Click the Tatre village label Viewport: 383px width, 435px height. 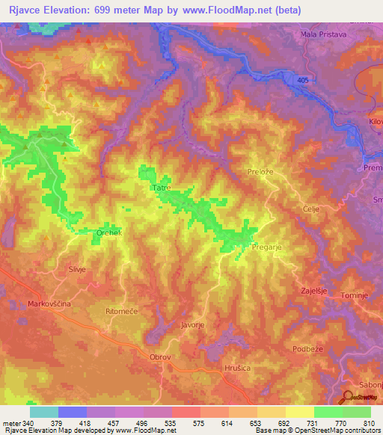coord(162,188)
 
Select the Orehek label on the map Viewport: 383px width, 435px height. coord(108,233)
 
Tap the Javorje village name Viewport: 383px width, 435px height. coord(193,325)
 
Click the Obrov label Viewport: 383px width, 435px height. coord(161,357)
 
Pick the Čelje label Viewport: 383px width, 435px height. coord(291,209)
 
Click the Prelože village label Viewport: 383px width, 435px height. coord(263,172)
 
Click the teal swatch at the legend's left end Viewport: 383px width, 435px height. coord(44,411)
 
